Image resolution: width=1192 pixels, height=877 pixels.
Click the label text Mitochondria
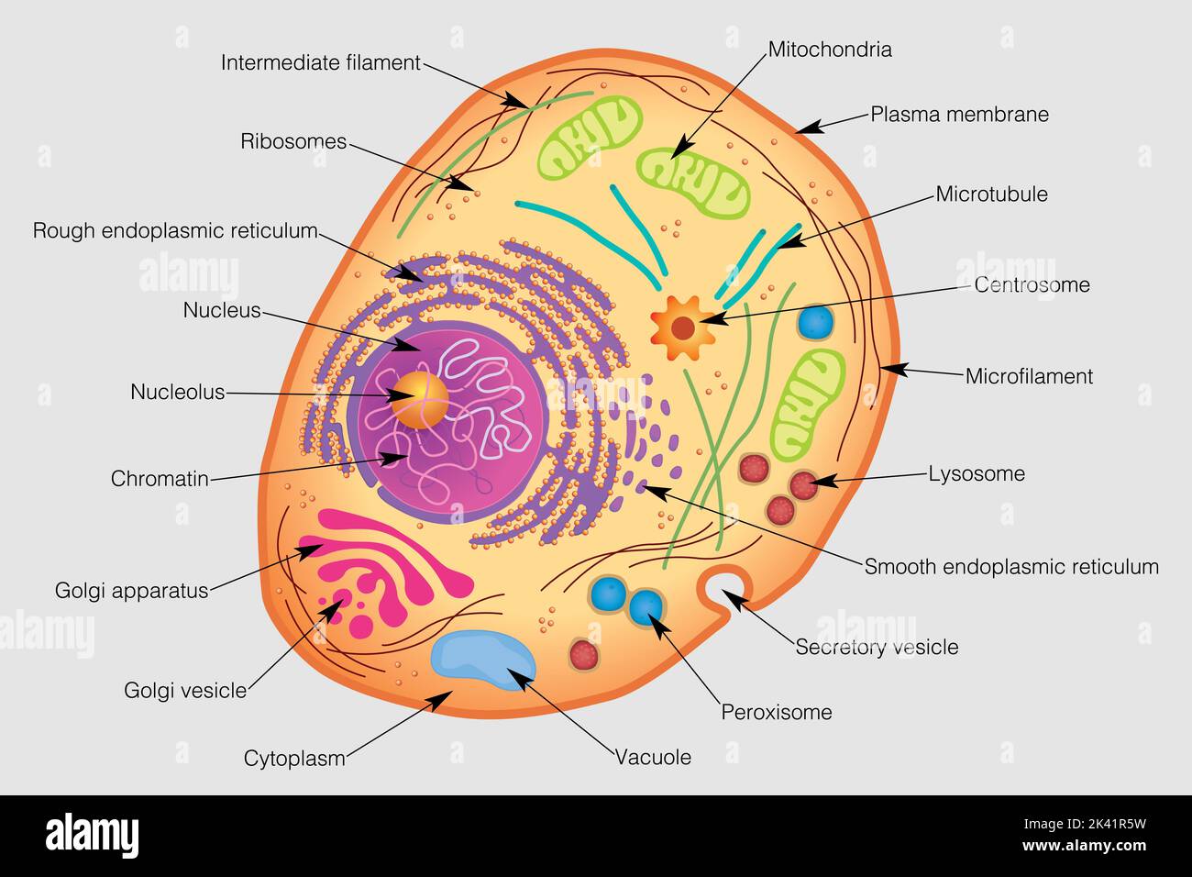829,50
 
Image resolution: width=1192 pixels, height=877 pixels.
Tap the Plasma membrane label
959,115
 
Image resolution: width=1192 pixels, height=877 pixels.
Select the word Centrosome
1032,285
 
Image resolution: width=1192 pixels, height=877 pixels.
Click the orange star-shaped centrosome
682,327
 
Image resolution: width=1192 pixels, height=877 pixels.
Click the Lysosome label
977,474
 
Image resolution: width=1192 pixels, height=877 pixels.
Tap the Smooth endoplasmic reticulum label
1011,567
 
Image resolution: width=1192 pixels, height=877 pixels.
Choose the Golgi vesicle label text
185,691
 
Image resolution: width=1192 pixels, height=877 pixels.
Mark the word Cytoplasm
294,759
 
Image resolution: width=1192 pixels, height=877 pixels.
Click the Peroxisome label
777,712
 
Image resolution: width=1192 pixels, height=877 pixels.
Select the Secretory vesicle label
877,648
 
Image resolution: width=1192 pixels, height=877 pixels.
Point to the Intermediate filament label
320,63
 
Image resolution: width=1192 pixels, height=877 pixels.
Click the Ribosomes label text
293,141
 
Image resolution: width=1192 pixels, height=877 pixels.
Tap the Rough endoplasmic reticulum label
175,230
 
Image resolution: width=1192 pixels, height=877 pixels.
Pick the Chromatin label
160,479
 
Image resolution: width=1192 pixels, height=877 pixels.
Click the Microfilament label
1029,376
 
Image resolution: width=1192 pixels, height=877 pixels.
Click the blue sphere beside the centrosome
815,323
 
